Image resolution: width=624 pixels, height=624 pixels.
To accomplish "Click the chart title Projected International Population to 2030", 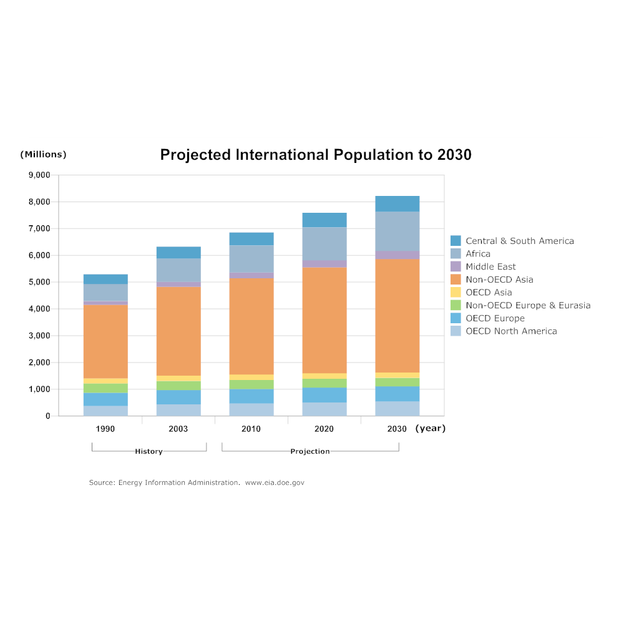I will click(316, 155).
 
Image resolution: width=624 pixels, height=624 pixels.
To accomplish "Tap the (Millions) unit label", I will click(43, 154).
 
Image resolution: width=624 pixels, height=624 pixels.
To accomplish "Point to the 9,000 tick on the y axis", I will click(39, 175).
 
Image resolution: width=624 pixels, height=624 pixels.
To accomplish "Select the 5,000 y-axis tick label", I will click(39, 282).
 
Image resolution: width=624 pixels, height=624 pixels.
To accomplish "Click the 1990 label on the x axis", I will click(105, 429).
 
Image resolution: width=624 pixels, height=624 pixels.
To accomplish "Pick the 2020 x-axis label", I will click(324, 429).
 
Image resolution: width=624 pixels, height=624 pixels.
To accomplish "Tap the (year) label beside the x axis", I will click(430, 428).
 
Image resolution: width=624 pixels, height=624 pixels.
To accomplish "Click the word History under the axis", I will click(149, 451).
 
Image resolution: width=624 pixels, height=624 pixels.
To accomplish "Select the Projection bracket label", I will click(310, 451).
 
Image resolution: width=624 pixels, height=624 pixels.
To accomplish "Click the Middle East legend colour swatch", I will click(456, 266).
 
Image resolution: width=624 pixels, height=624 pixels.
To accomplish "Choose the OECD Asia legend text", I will click(489, 292).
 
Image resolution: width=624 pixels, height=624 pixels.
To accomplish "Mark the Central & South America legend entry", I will click(519, 241).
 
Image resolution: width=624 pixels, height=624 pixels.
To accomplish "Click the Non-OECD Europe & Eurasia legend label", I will click(528, 305).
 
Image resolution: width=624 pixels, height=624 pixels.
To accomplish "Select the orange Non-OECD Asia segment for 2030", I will click(397, 315).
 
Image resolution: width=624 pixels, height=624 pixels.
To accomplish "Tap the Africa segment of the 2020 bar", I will click(324, 244).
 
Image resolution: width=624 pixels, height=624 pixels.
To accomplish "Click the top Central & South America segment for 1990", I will click(105, 279).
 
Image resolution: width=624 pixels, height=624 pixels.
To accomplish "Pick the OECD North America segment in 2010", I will click(251, 409).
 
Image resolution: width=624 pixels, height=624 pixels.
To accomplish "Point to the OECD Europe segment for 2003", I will click(178, 397).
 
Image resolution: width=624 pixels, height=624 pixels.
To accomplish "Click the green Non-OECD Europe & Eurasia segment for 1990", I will click(105, 388).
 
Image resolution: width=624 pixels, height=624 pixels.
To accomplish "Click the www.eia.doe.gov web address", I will click(275, 482).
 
